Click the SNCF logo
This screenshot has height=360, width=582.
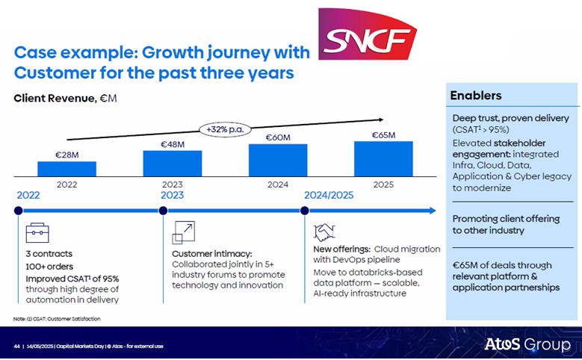[368, 34]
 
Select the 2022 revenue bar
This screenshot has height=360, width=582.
[66, 169]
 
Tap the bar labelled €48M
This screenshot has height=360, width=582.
[173, 164]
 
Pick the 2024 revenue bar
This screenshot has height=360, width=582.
[278, 160]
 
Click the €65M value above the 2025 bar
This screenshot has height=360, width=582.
[383, 135]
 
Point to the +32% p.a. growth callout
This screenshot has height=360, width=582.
[225, 129]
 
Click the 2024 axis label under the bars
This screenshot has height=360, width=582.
[278, 184]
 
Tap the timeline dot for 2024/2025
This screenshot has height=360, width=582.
[304, 211]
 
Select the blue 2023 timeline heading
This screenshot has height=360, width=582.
[173, 195]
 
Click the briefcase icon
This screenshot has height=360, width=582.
[37, 233]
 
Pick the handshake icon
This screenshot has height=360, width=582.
[324, 232]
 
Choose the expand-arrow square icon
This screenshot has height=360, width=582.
[183, 233]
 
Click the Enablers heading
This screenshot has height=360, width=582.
[476, 96]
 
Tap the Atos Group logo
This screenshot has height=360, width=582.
[527, 344]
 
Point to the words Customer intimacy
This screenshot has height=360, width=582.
[212, 254]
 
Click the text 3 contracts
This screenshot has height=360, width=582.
[49, 254]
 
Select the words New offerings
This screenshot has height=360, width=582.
[342, 249]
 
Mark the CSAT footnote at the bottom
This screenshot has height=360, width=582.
[57, 319]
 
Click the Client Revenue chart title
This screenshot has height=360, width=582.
[65, 98]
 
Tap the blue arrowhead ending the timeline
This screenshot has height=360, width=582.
[433, 211]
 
